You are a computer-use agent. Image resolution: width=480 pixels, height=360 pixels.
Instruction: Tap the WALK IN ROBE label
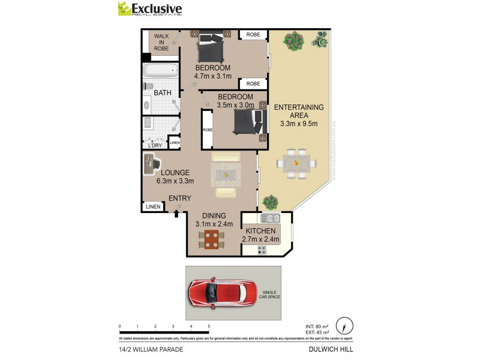(161, 43)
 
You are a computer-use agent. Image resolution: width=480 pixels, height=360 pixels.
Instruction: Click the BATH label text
(162, 93)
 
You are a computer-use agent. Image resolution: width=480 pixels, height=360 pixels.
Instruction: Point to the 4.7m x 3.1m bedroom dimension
(212, 76)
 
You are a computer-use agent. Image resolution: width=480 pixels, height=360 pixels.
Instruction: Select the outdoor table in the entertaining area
(296, 163)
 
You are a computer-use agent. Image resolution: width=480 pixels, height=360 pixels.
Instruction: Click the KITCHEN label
(260, 231)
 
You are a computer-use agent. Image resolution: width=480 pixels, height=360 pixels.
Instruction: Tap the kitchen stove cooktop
(262, 248)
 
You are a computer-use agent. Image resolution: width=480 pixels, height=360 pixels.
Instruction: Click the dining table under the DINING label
(211, 239)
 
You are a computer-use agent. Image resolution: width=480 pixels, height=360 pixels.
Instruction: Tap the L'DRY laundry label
(155, 145)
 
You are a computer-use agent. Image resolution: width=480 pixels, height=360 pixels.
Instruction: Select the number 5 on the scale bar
(209, 326)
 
